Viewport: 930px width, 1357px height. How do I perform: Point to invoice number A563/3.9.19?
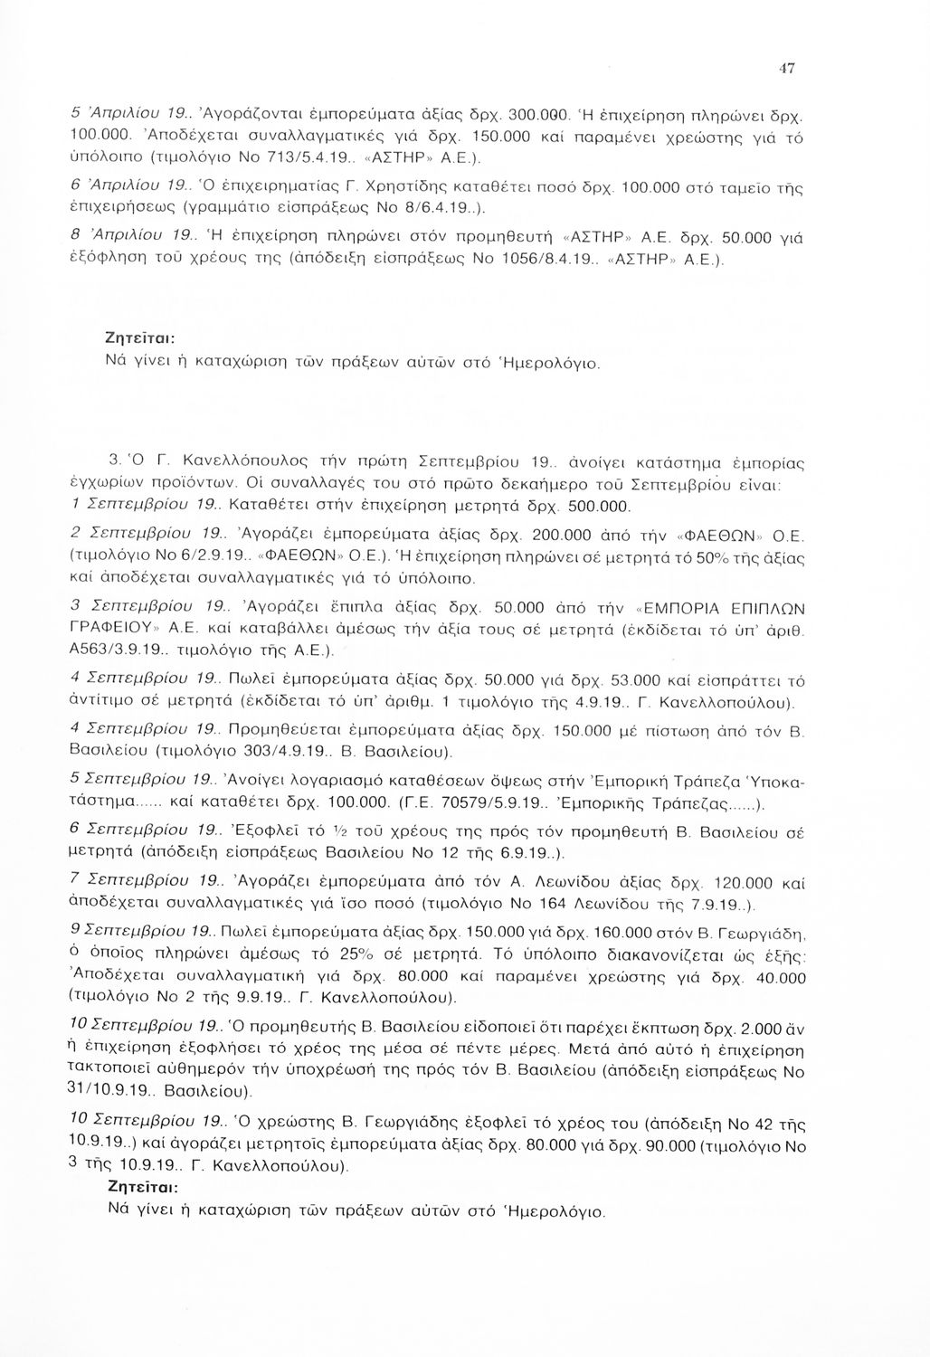pyautogui.click(x=109, y=650)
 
